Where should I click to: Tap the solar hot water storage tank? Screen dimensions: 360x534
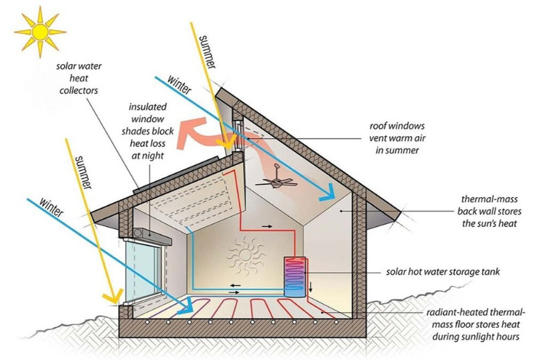tap(294, 276)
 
